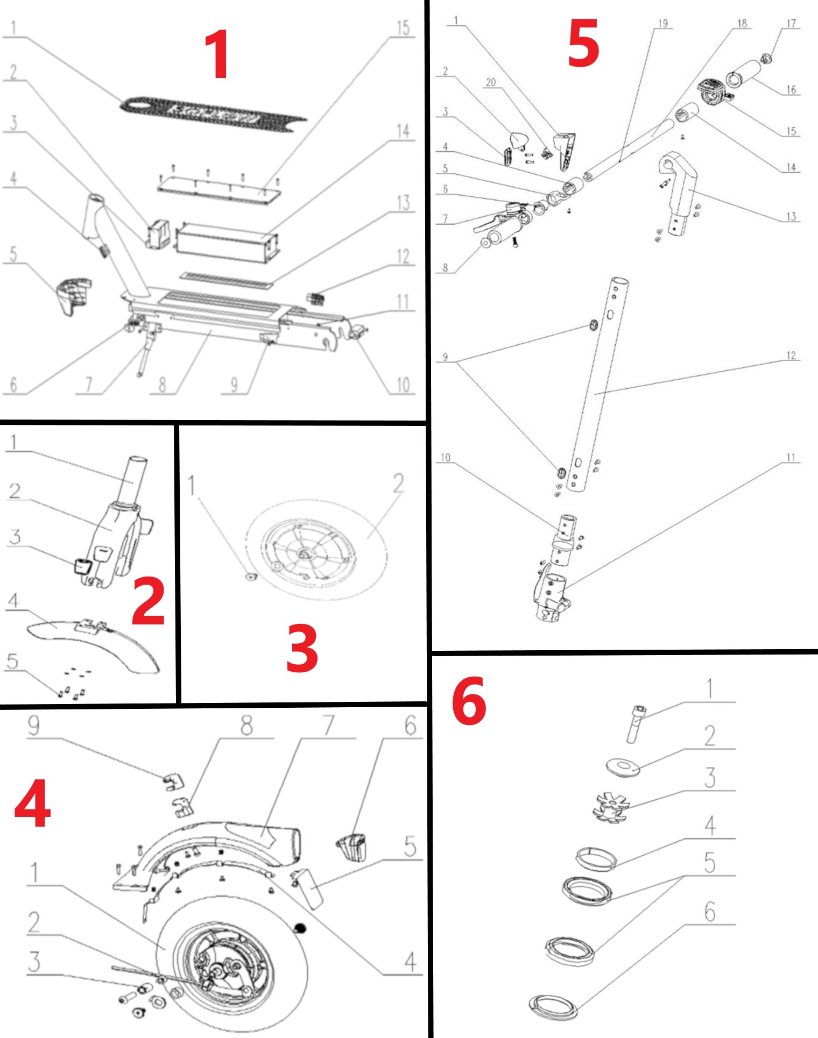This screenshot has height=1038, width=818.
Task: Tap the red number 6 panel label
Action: pyautogui.click(x=469, y=701)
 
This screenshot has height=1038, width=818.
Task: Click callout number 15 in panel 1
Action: pyautogui.click(x=403, y=28)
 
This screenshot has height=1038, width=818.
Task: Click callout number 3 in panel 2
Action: pyautogui.click(x=15, y=536)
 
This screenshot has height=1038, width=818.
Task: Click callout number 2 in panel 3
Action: pyautogui.click(x=398, y=483)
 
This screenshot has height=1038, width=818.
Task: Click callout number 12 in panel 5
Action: pyautogui.click(x=791, y=356)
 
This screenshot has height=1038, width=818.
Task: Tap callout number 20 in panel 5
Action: pyautogui.click(x=490, y=82)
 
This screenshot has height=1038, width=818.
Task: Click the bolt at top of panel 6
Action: pyautogui.click(x=636, y=723)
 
